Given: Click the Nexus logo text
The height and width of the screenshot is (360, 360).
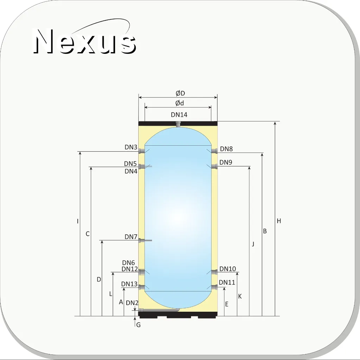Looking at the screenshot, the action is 84,41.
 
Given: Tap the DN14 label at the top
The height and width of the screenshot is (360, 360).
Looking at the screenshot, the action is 179,115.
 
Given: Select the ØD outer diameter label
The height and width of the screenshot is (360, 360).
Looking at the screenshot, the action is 180,93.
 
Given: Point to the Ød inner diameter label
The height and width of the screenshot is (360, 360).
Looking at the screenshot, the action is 179,103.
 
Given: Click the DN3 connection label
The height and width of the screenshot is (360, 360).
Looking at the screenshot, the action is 131,147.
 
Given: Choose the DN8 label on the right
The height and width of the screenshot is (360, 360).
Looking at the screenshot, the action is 226,149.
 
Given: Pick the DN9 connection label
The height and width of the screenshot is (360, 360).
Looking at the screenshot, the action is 226,162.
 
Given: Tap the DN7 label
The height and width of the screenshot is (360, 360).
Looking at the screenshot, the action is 131,237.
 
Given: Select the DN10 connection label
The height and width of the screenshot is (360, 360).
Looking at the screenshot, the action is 228,269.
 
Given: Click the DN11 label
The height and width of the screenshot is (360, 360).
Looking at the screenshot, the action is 227,282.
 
